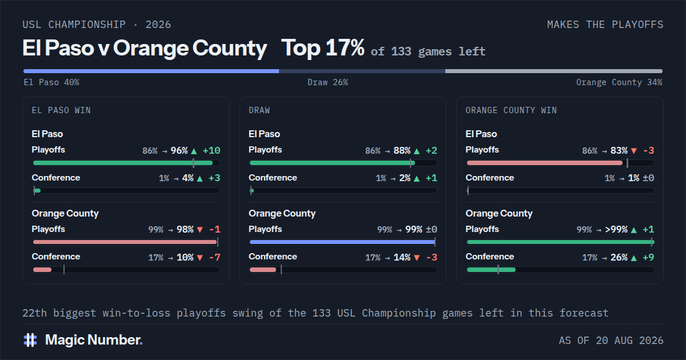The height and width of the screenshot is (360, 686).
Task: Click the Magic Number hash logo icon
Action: (x=30, y=340)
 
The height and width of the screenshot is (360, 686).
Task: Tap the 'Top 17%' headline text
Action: (x=323, y=48)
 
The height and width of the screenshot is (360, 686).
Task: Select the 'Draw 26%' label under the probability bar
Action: (x=328, y=82)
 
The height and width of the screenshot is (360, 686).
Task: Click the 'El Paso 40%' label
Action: (x=51, y=82)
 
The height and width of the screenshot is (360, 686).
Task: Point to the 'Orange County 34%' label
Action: (x=619, y=82)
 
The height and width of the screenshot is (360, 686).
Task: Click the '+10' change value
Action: (x=212, y=151)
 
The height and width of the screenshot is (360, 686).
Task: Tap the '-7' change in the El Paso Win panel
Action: (x=215, y=258)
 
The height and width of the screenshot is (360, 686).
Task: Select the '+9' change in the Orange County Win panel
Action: (x=648, y=258)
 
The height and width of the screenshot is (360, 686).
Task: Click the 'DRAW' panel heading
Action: (x=260, y=110)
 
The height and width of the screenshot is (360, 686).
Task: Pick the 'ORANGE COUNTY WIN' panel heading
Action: (x=511, y=110)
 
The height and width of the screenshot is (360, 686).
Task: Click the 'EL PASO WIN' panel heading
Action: (x=61, y=110)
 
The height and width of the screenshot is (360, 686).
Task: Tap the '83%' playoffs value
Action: (x=619, y=151)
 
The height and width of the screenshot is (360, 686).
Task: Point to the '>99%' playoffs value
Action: (x=616, y=230)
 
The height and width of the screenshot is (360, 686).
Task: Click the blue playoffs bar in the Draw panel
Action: (x=342, y=242)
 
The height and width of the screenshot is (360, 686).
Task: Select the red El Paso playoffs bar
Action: (x=544, y=163)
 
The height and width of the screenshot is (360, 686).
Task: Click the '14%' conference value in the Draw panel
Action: (x=402, y=258)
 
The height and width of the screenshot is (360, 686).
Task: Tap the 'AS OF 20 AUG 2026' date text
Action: (x=611, y=341)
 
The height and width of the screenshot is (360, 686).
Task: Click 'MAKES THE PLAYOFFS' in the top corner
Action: (x=605, y=25)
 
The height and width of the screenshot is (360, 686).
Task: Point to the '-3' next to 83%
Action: (x=649, y=151)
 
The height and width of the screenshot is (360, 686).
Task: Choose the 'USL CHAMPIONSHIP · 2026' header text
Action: (x=97, y=25)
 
